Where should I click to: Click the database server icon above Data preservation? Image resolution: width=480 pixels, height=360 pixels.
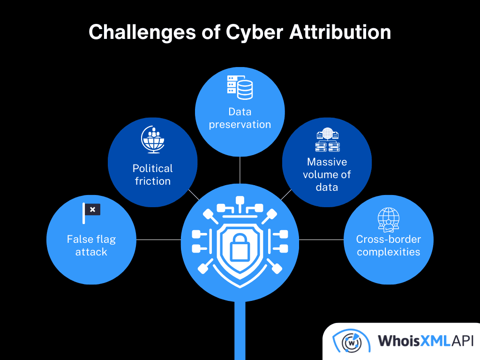240,87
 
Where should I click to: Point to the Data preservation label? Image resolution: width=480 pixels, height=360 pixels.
240,118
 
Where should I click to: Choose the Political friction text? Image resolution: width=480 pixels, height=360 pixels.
152,174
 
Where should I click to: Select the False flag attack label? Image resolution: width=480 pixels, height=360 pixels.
91,245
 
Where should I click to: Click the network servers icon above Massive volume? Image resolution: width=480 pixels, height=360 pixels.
327,141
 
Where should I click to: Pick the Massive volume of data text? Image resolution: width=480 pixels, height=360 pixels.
327,174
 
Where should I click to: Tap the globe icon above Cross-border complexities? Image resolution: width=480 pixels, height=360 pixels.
389,220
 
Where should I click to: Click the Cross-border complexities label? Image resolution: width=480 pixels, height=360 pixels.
388,245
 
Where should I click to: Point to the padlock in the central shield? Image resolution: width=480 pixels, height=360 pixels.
240,247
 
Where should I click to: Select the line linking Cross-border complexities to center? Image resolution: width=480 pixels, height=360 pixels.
321,240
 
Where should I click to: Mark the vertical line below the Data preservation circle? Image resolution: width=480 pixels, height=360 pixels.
240,170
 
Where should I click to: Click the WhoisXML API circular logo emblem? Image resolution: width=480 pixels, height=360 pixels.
348,341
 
